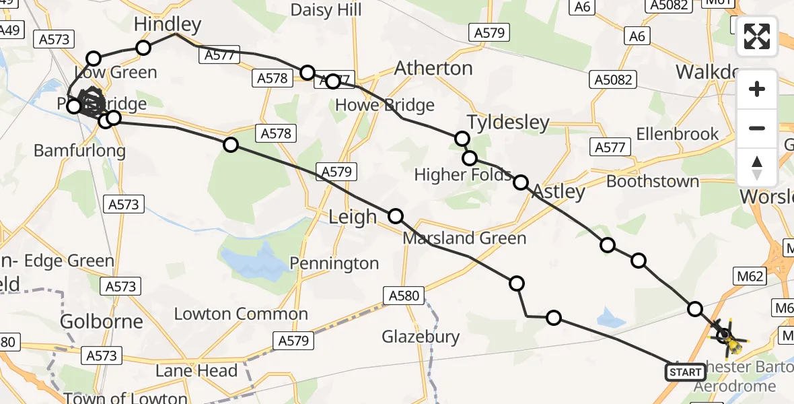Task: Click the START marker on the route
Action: coord(686,372)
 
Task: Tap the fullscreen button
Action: coord(757,36)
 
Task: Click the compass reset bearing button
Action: coord(757,168)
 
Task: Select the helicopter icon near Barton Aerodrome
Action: coord(727,335)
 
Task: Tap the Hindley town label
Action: coord(168,25)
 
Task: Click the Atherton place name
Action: coord(433,68)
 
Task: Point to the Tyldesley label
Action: coord(508,123)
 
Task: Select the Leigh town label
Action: coord(353,217)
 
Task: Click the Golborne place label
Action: coord(102,321)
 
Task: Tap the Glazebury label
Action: coord(421,337)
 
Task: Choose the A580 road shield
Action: coord(404,295)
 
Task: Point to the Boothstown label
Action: coord(653,181)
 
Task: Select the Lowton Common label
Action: coord(241,314)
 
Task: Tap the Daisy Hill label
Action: coord(326,9)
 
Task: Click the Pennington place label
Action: coord(334,263)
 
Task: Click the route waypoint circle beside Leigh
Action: coord(396,216)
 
